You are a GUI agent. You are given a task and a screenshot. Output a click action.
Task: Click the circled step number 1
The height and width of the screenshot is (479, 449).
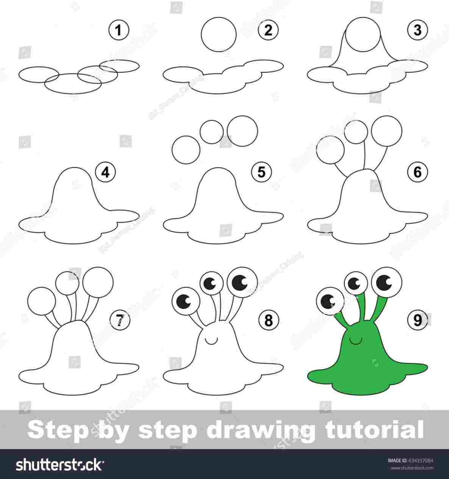pos(119,30)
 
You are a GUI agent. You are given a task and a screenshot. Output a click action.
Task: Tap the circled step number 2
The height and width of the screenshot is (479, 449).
pos(268,30)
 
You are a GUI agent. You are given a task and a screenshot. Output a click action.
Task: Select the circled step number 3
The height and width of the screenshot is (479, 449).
pos(417,30)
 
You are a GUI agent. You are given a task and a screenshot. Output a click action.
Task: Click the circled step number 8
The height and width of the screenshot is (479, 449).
pos(268,320)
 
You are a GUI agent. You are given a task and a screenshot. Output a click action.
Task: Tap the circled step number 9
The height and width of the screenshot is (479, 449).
pos(417,320)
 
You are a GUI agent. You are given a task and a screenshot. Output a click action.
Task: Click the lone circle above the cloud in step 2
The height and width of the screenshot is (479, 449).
pos(219,34)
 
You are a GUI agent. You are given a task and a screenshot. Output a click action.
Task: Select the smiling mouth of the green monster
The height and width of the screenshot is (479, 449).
pos(355,341)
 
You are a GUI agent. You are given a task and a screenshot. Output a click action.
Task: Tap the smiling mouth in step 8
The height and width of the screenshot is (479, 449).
pos(211,341)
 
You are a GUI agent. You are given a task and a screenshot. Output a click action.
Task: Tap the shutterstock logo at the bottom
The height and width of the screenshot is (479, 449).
pos(60,464)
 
